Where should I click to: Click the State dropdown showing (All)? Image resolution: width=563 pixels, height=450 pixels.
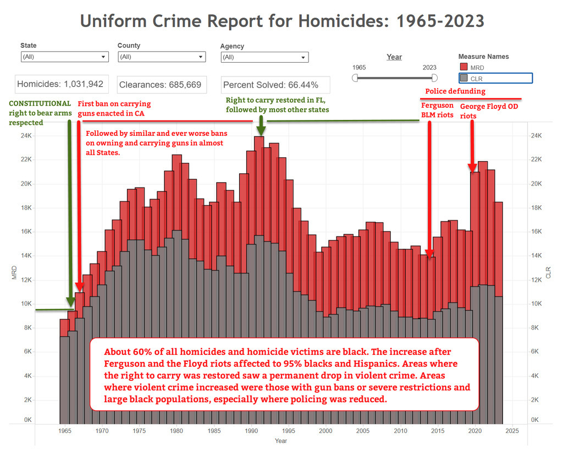pyautogui.click(x=64, y=57)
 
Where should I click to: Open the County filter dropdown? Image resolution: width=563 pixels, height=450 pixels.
pyautogui.click(x=162, y=57)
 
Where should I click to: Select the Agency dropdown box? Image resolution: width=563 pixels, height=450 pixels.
pyautogui.click(x=264, y=57)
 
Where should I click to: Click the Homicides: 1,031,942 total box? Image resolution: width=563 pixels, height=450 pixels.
pyautogui.click(x=60, y=84)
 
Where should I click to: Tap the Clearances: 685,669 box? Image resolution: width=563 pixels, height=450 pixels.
pyautogui.click(x=160, y=85)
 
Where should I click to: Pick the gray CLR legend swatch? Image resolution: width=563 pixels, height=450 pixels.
pyautogui.click(x=463, y=78)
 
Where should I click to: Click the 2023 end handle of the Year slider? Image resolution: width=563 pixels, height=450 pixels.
pyautogui.click(x=434, y=78)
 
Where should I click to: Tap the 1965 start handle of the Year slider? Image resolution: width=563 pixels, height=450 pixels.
pyautogui.click(x=355, y=78)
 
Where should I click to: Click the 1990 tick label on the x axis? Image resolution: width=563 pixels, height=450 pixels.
pyautogui.click(x=251, y=431)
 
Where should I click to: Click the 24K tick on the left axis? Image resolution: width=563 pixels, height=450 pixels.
pyautogui.click(x=25, y=135)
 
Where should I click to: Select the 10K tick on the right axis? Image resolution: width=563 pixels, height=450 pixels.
pyautogui.click(x=534, y=304)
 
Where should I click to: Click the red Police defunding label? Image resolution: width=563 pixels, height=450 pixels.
pyautogui.click(x=456, y=91)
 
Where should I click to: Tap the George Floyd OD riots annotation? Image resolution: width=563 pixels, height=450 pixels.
pyautogui.click(x=489, y=111)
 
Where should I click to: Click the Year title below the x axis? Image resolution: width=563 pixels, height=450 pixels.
pyautogui.click(x=281, y=441)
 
